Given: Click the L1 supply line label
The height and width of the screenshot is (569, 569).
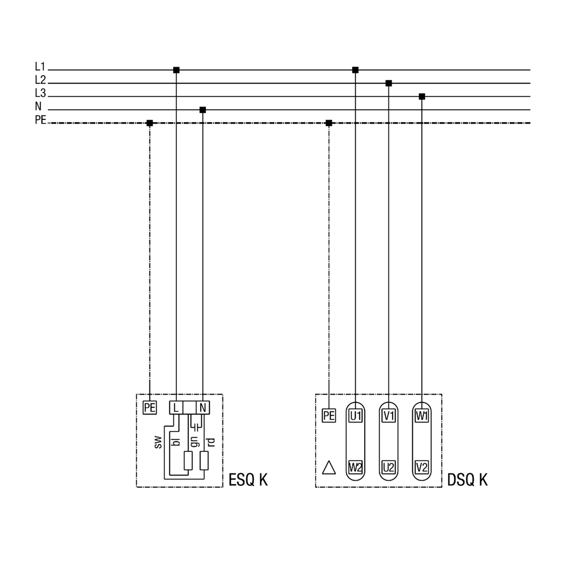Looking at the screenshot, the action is (40, 66).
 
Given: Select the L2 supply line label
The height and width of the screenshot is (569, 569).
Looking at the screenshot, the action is (40, 80).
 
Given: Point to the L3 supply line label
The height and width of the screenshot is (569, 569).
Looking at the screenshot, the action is (40, 93).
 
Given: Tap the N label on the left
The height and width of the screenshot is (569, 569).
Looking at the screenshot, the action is (38, 106).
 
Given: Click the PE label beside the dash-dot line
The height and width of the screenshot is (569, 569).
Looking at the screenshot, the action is (40, 120).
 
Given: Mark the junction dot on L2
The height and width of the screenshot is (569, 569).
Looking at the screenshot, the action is (388, 83).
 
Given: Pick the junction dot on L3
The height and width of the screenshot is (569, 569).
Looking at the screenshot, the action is (422, 97).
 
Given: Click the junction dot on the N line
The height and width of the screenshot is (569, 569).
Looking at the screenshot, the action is (203, 110).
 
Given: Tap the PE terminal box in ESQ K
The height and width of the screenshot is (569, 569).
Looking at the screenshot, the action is (149, 408).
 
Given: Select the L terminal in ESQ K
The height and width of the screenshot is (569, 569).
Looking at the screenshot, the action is (176, 408).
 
